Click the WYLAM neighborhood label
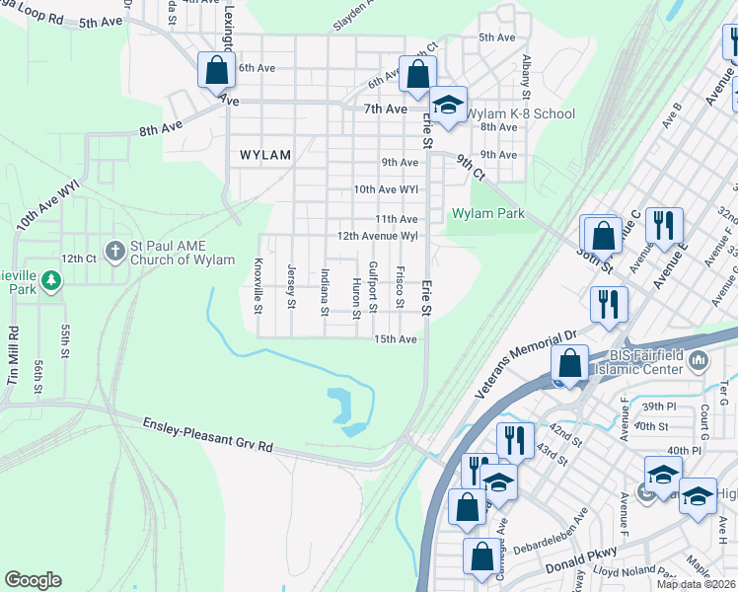[x=265, y=155]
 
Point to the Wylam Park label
[x=487, y=214]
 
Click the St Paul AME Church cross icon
[x=114, y=251]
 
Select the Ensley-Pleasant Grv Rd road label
[x=206, y=434]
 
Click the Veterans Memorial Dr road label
[x=526, y=364]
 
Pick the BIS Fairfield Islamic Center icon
[x=699, y=361]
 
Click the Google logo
[x=34, y=580]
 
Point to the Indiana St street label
[x=325, y=292]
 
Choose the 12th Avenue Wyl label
[x=379, y=237]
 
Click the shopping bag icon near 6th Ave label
[x=215, y=71]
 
